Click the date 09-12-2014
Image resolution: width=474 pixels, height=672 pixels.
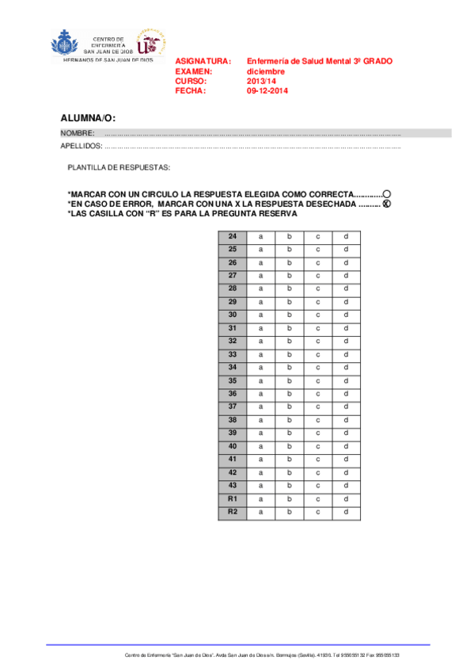click(267, 91)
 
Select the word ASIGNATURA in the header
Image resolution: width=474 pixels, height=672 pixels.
click(203, 61)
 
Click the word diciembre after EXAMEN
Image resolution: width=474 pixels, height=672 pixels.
click(265, 71)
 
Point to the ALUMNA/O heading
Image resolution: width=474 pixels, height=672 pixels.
click(88, 118)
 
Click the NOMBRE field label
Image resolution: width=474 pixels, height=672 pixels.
click(78, 133)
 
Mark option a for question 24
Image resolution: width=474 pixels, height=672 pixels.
click(260, 237)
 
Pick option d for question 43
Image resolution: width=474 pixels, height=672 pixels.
click(347, 485)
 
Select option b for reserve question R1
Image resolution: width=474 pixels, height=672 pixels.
click(289, 498)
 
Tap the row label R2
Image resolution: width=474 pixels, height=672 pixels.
click(233, 512)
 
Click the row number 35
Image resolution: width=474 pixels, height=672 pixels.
click(233, 381)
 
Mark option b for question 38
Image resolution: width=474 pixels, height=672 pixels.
click(289, 420)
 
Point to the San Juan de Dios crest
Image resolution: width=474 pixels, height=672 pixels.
click(65, 44)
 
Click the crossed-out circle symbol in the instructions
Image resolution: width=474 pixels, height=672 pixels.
click(387, 204)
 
